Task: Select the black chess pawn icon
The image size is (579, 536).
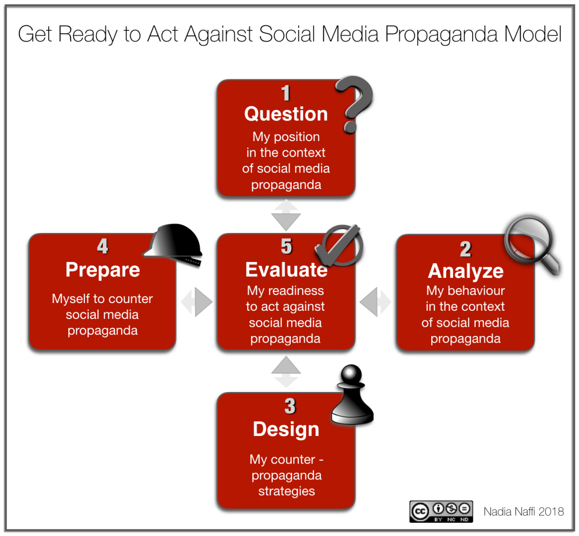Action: (x=353, y=396)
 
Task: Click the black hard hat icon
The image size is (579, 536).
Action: (x=174, y=244)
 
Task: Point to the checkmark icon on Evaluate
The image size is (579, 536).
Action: (x=339, y=246)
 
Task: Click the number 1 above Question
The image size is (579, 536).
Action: (x=286, y=93)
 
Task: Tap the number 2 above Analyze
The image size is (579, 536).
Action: (x=465, y=249)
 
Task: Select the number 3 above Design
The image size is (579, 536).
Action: (x=290, y=406)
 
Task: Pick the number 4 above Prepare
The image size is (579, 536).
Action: (x=102, y=246)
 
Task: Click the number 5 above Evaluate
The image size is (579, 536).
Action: (x=286, y=246)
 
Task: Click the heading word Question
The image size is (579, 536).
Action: (x=286, y=114)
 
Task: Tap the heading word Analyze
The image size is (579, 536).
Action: (x=466, y=271)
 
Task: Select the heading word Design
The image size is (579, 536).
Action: (x=286, y=429)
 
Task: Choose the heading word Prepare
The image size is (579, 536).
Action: (x=102, y=270)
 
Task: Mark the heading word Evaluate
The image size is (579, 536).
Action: (x=286, y=270)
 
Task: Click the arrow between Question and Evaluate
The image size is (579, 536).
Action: (x=286, y=215)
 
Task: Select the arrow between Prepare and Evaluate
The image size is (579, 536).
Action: (x=197, y=302)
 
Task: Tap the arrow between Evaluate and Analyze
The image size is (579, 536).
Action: (x=375, y=302)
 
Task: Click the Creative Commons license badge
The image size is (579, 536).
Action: (x=441, y=511)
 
